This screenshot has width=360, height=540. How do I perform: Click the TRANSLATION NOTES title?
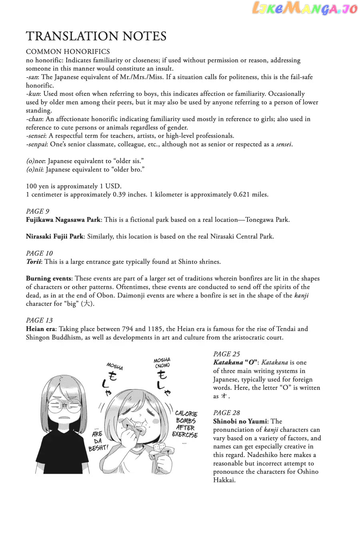click(96, 36)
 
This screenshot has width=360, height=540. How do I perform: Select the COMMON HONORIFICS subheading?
click(68, 52)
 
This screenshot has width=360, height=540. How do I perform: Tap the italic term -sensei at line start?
click(36, 136)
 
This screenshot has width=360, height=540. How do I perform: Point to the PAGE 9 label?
click(38, 211)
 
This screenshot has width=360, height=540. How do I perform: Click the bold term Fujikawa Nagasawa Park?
click(63, 220)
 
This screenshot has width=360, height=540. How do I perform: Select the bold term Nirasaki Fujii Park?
click(54, 236)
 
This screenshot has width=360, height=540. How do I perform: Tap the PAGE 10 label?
click(39, 253)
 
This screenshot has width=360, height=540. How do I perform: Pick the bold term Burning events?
click(49, 278)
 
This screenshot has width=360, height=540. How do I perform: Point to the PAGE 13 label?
click(39, 320)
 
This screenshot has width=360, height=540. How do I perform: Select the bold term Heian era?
click(41, 329)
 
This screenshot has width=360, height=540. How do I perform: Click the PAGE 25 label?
click(226, 354)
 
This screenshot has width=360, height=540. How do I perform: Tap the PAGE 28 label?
click(226, 413)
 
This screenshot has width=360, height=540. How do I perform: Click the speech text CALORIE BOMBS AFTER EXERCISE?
click(186, 424)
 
